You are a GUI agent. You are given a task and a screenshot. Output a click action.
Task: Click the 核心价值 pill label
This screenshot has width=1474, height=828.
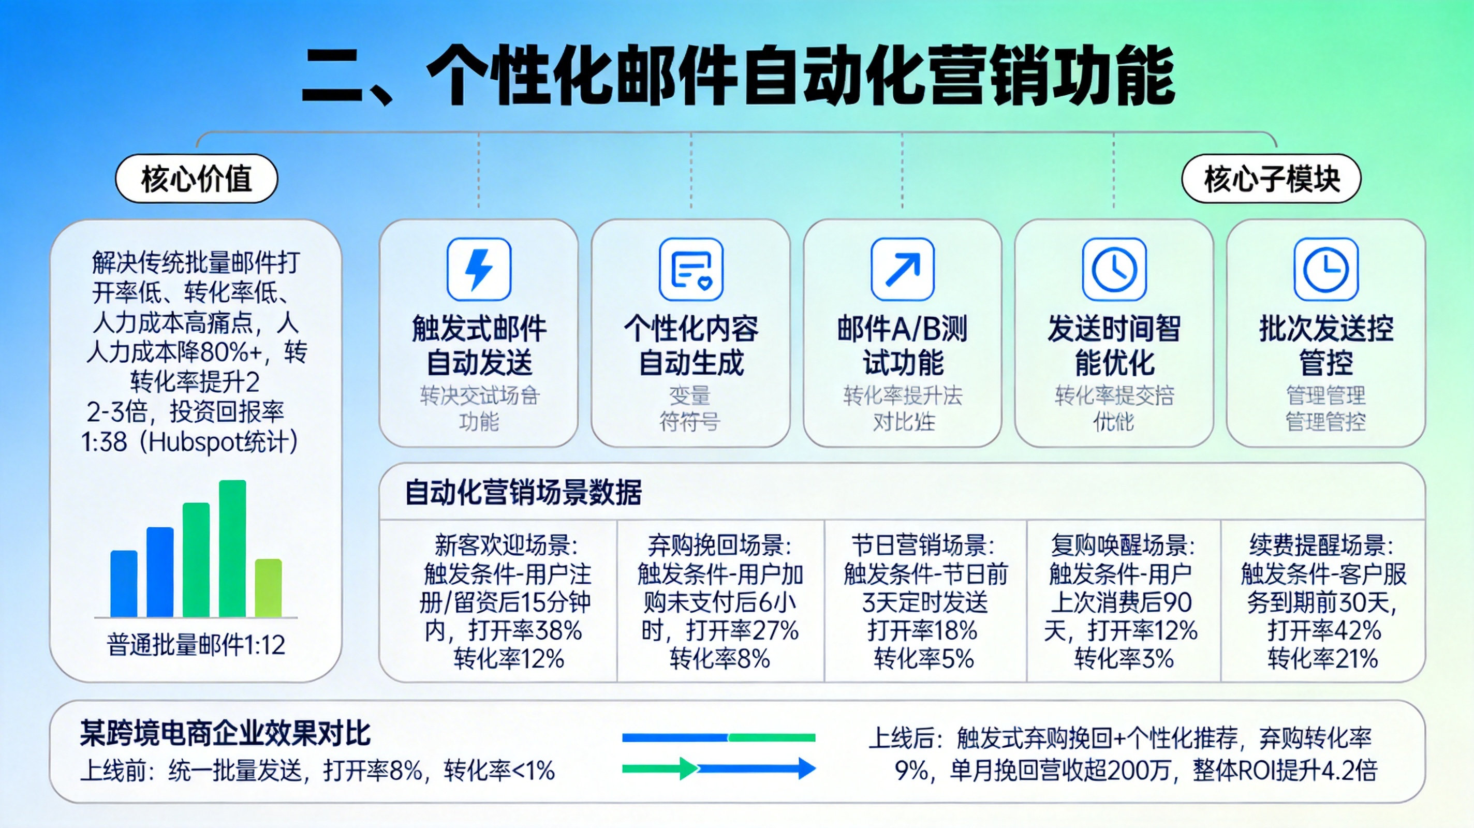click(x=196, y=179)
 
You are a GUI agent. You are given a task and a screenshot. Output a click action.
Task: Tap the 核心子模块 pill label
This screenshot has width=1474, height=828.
click(x=1271, y=179)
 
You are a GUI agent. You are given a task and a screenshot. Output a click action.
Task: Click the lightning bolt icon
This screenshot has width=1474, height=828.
click(x=479, y=270)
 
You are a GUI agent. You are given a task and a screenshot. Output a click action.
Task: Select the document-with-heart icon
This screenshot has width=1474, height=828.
click(x=690, y=270)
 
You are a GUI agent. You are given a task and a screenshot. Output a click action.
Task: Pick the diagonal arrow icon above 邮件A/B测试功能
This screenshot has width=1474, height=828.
click(x=903, y=270)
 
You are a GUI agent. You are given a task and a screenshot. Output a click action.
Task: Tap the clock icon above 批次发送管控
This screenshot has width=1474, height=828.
click(x=1326, y=270)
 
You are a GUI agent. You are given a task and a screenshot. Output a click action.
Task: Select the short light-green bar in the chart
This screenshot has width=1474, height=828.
click(x=269, y=588)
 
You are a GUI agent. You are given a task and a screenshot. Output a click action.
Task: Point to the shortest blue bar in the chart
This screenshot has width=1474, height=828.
click(x=124, y=584)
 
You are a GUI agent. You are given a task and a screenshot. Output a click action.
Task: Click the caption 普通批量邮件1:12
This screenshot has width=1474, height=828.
click(x=196, y=645)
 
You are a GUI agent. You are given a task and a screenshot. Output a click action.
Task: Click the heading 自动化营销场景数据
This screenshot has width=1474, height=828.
click(x=523, y=492)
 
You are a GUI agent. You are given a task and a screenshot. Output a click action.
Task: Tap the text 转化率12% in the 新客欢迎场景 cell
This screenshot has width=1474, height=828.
click(x=509, y=659)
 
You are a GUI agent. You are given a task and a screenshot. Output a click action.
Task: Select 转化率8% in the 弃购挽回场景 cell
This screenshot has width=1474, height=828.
click(x=720, y=659)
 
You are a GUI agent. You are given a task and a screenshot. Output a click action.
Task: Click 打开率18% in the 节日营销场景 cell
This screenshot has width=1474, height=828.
click(x=922, y=631)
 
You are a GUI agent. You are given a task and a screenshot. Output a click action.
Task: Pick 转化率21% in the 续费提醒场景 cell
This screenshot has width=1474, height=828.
click(x=1322, y=659)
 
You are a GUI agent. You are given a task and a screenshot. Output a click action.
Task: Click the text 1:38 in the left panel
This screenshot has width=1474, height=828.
click(x=104, y=442)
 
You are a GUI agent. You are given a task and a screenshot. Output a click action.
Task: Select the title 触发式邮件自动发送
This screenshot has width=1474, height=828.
click(x=479, y=345)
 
